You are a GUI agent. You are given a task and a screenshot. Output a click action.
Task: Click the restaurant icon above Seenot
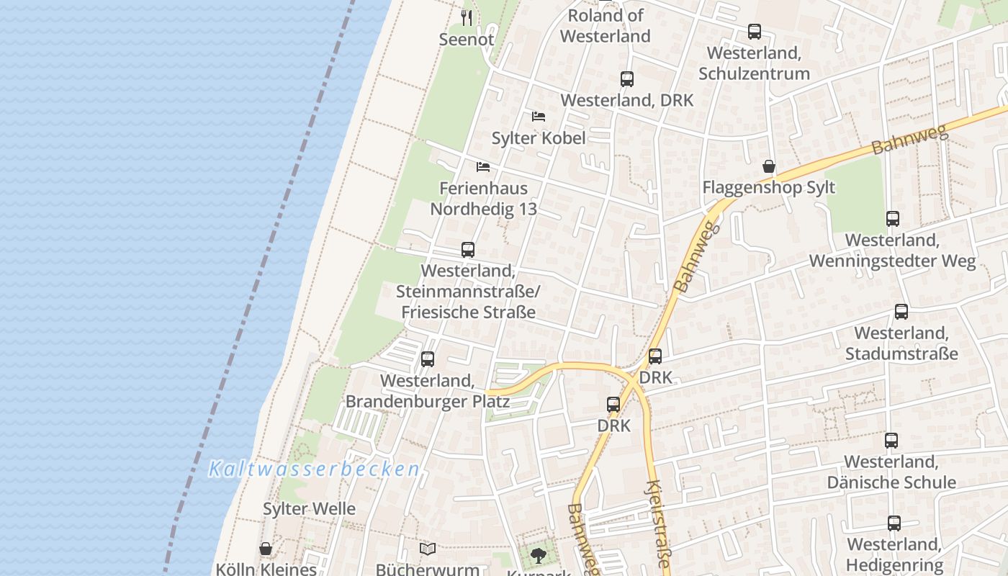coord(467,17)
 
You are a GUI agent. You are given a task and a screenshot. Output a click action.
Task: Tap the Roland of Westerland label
coord(605,26)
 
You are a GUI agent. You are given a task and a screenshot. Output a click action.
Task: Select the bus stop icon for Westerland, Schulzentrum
coord(755,32)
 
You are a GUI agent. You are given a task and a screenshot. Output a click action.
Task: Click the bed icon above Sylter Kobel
coord(539,116)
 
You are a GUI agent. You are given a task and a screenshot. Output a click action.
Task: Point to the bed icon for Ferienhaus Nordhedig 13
coord(483,167)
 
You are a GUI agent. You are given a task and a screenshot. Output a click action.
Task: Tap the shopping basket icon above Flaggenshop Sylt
coord(769,167)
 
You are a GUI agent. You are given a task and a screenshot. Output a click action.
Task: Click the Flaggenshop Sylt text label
coord(768,188)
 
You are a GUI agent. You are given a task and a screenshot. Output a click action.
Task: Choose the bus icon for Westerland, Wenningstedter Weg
coord(893,219)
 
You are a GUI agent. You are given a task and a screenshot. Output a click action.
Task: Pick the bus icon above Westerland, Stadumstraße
coord(901,312)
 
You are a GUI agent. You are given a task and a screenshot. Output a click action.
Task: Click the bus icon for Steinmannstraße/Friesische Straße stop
coord(468,250)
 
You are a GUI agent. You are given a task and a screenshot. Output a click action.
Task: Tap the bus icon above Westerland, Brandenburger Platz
coord(428,359)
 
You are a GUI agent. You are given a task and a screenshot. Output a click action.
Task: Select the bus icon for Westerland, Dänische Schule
coord(891,441)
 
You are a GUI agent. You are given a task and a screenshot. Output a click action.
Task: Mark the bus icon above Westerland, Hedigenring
coord(894,523)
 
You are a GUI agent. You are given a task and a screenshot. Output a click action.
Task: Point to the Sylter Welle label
coord(309,509)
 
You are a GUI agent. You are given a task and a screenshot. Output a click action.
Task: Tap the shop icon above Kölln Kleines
coord(266,549)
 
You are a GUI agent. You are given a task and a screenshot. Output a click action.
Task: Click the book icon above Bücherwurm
coord(428,549)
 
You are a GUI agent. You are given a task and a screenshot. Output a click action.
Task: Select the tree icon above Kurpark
coord(538,555)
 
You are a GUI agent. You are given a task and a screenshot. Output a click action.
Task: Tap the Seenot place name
coord(467,40)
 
